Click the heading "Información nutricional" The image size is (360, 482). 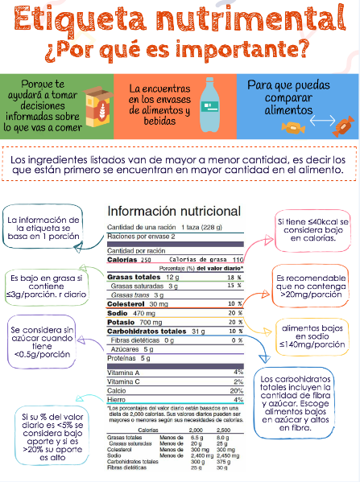coord(174,212)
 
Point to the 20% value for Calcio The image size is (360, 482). coord(237,390)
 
